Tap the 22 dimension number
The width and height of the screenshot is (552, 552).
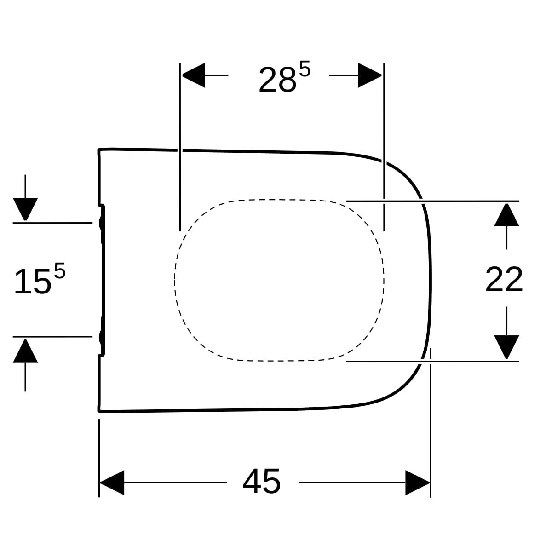504,280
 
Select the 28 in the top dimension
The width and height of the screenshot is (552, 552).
277,79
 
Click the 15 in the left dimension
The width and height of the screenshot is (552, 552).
33,282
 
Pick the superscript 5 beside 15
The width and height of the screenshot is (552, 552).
60,270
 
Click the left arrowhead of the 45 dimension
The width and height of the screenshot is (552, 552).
112,483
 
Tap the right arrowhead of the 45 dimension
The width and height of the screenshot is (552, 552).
418,483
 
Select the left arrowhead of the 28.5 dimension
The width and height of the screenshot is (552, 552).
194,75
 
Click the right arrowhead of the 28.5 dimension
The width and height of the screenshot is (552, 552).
370,75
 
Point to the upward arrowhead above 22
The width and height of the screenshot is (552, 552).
506,215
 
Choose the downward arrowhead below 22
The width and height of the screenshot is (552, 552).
506,347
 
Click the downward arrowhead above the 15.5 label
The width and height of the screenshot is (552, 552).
25,209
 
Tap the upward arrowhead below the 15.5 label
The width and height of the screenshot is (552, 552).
25,351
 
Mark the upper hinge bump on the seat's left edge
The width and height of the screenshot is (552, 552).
101,223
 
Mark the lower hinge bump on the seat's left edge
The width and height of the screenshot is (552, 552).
101,337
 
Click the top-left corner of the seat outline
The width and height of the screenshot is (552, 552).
98,149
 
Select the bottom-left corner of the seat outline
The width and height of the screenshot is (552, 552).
98,412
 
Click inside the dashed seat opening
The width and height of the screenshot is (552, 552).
279,280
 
